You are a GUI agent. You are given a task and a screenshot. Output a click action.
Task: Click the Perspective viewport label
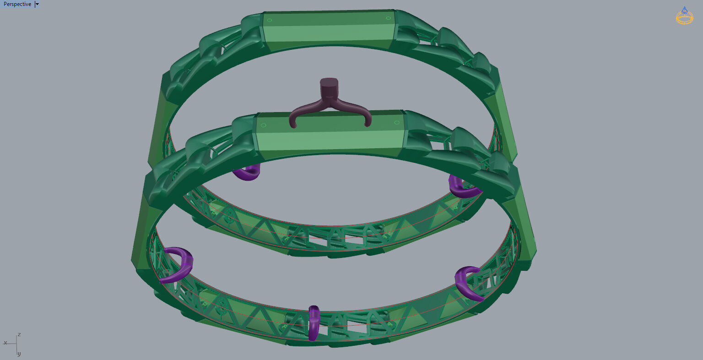(17, 4)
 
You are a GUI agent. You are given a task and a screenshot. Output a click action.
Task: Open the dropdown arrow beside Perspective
(37, 4)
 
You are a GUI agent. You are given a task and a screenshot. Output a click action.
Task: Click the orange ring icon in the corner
(684, 16)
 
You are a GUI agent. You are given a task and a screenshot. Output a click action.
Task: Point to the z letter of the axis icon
(19, 334)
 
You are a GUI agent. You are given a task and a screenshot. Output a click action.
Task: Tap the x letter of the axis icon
(5, 343)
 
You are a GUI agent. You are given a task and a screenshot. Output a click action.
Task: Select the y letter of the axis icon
(19, 354)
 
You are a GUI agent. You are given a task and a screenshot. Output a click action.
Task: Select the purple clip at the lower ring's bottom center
(314, 322)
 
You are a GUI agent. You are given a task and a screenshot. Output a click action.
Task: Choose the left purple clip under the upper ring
(248, 173)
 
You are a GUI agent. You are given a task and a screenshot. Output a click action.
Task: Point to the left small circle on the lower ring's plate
(263, 125)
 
